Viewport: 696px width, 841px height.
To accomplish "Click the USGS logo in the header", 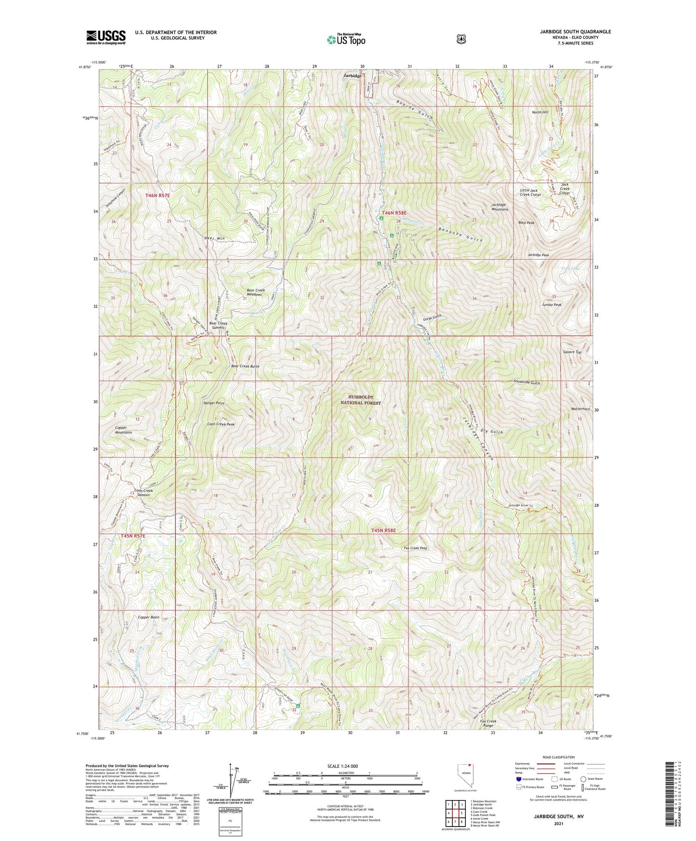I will tap(106, 37).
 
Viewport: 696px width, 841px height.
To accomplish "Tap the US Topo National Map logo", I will tap(345, 39).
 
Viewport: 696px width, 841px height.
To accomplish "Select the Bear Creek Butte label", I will tap(245, 367).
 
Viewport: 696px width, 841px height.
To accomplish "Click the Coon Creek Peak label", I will tap(221, 424).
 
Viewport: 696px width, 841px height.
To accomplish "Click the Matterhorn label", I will tap(580, 409).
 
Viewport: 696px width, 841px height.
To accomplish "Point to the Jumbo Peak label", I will tap(552, 305).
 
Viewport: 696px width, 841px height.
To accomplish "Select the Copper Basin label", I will tap(148, 617).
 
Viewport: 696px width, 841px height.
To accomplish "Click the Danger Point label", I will tap(214, 403).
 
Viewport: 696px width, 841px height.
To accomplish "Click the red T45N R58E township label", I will tap(383, 531).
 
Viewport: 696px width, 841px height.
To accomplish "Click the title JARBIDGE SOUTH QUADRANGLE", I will tap(575, 32).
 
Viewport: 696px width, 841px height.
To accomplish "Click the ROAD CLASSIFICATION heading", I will tap(558, 758).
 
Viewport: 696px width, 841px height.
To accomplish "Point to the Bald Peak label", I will tap(526, 223).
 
